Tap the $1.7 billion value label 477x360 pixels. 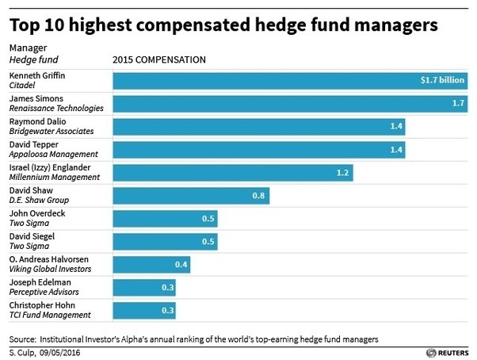[441, 80]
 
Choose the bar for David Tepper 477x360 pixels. [261, 149]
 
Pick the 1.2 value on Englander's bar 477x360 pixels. [342, 172]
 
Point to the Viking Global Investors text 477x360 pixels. [48, 270]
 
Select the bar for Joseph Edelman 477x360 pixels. [144, 288]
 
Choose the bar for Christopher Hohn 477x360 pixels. [144, 311]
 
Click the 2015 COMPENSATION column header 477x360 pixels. [160, 59]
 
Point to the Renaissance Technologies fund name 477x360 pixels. [55, 108]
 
